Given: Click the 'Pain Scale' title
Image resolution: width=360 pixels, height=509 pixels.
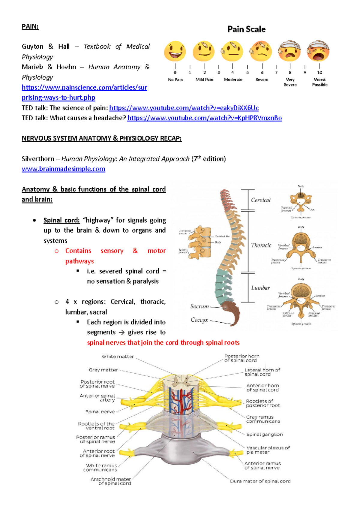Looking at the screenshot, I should click(x=246, y=29).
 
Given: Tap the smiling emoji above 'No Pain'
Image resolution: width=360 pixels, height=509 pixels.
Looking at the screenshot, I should click(x=175, y=51).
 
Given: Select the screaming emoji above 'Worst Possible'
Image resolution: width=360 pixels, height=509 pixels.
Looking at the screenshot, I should click(x=318, y=51).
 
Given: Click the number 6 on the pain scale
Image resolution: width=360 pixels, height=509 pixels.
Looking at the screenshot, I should click(x=262, y=72).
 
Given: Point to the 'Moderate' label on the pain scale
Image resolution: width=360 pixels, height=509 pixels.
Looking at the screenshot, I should click(x=233, y=80).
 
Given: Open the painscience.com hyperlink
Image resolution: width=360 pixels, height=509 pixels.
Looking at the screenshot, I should click(x=84, y=87).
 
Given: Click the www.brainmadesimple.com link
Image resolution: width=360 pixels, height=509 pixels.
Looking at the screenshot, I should click(x=63, y=169).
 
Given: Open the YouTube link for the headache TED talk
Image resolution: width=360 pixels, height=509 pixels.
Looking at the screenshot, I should click(x=204, y=118).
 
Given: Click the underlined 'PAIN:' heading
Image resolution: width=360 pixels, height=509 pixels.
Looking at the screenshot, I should click(x=30, y=26).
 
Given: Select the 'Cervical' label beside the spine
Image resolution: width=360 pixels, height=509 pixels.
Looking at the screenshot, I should click(x=261, y=200).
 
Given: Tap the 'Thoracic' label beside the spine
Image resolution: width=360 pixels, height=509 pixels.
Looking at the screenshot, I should click(x=261, y=245).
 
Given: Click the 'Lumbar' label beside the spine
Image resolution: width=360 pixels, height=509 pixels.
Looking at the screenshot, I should click(x=260, y=288).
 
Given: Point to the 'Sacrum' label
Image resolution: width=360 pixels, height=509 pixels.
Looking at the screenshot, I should click(x=199, y=306).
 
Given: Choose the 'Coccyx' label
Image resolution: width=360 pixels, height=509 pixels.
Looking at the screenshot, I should click(x=199, y=320).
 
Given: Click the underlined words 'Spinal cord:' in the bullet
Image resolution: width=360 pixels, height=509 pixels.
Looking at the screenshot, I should click(x=61, y=220).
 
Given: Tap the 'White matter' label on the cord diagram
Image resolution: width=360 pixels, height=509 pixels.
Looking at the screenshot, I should click(x=118, y=357).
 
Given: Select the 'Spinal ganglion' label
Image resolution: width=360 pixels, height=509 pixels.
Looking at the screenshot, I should click(x=264, y=434).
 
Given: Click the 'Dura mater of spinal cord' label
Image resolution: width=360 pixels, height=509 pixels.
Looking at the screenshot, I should click(x=260, y=481).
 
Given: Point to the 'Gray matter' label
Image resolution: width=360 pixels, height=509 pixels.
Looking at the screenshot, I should click(x=103, y=370).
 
